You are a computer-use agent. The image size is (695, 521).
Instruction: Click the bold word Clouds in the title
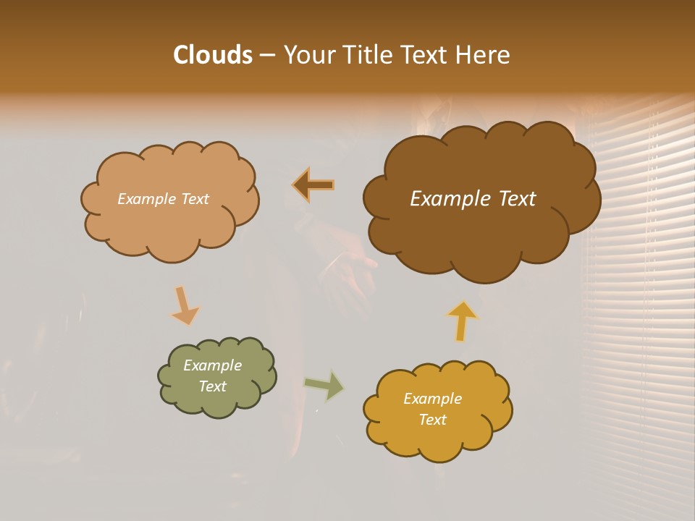[x=212, y=55]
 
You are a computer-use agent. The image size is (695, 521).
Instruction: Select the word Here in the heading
[x=484, y=55]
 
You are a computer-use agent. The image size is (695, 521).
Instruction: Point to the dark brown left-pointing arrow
[x=313, y=185]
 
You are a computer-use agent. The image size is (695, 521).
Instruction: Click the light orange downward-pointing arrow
[x=185, y=305]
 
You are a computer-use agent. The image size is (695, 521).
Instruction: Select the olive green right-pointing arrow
[x=324, y=385]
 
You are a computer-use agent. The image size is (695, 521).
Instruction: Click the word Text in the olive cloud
[x=212, y=386]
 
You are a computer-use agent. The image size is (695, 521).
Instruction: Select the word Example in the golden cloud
[x=432, y=399]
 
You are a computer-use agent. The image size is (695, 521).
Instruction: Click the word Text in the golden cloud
[x=432, y=420]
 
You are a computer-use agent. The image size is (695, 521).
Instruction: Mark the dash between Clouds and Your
[x=266, y=56]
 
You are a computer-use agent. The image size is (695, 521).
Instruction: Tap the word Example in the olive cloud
[x=212, y=365]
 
